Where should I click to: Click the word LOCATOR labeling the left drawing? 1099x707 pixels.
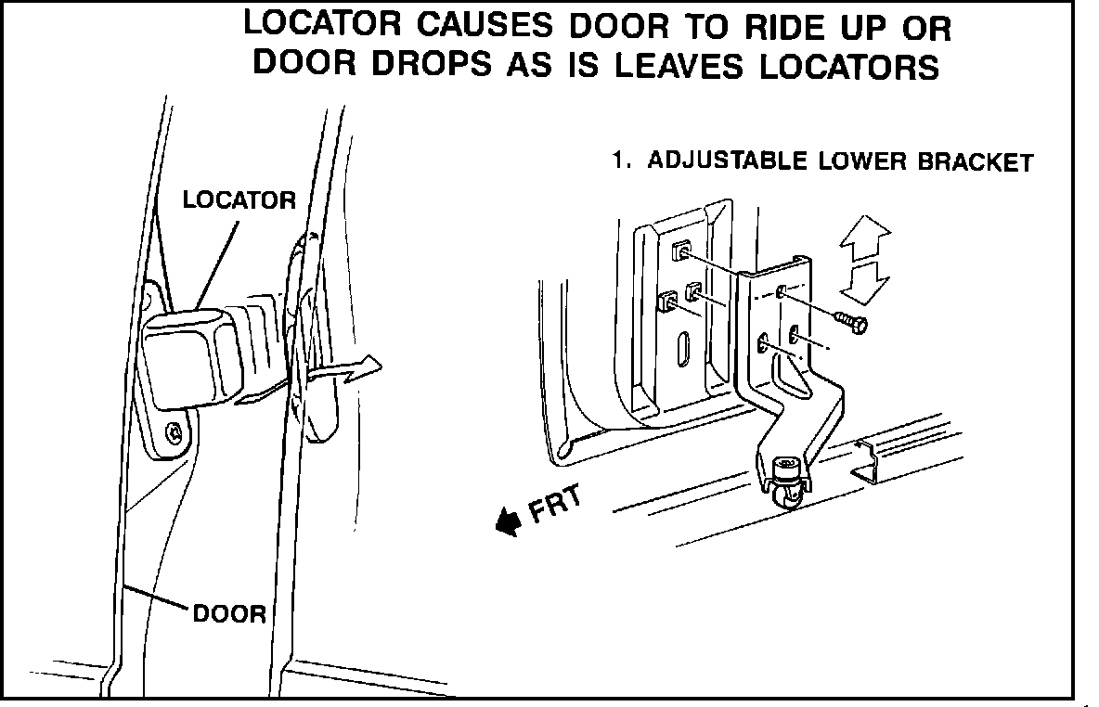point(239,199)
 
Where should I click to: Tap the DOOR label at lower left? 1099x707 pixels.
point(229,613)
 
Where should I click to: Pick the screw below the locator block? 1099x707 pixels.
point(174,432)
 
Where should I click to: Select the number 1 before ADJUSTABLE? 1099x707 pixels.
point(616,160)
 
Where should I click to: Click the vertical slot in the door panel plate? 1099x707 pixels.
point(683,351)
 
